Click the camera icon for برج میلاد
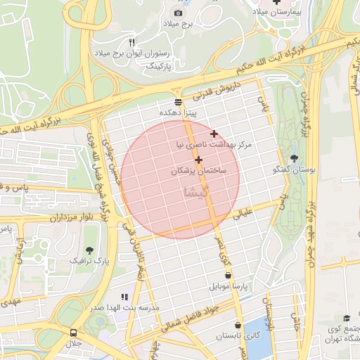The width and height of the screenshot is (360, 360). (x=178, y=13)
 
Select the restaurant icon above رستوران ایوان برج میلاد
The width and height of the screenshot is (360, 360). (x=131, y=43)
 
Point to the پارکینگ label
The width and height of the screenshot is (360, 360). (x=159, y=64)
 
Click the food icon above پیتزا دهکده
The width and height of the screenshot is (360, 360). (x=178, y=102)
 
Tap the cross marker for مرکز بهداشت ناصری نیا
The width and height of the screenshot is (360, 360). (x=214, y=134)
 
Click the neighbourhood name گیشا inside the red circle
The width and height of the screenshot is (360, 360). (x=195, y=191)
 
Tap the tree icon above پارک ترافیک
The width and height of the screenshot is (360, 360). (x=89, y=250)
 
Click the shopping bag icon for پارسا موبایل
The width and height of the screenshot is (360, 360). (x=228, y=276)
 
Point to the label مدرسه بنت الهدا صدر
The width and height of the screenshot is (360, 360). (x=124, y=307)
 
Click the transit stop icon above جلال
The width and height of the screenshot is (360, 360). (x=74, y=332)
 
